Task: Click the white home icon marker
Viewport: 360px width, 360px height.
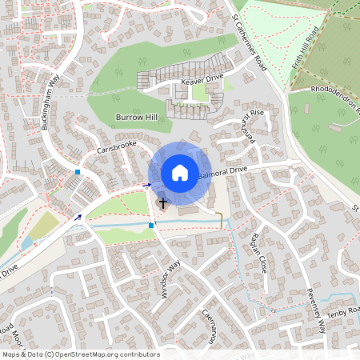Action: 180,173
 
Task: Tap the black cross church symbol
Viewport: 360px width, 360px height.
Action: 163,203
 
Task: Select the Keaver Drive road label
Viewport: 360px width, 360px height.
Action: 202,81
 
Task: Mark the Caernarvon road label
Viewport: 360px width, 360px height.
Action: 210,326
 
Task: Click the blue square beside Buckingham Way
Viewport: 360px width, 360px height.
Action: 78,172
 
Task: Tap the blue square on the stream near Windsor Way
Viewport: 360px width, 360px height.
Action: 151,226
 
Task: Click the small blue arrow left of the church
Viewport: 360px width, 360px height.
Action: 146,185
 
